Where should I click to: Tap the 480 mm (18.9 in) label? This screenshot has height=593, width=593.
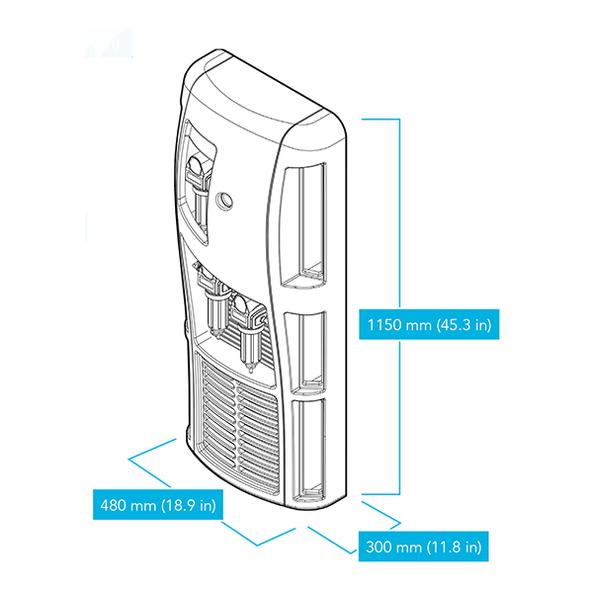pyautogui.click(x=157, y=506)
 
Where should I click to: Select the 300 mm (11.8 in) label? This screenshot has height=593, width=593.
pyautogui.click(x=423, y=547)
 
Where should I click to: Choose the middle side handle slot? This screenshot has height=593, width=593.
pyautogui.click(x=308, y=351)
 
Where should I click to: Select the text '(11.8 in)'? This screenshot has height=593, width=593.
pyautogui.click(x=456, y=547)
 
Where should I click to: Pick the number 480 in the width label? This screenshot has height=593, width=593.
pyautogui.click(x=114, y=506)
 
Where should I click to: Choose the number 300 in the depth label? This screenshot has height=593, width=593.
pyautogui.click(x=380, y=547)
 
